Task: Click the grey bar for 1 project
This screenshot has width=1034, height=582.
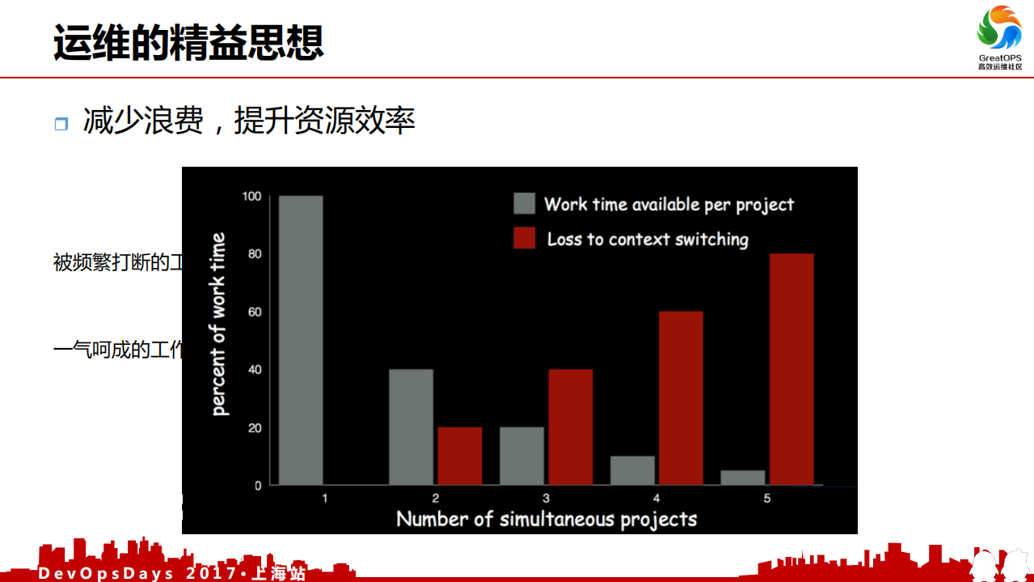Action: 301,340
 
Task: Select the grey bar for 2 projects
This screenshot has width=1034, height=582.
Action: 411,427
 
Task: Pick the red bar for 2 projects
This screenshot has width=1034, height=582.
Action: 460,456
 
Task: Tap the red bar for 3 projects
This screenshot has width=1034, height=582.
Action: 570,427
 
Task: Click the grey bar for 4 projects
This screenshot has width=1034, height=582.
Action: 632,470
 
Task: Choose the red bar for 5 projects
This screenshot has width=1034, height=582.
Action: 791,369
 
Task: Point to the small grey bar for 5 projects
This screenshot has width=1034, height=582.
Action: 742,478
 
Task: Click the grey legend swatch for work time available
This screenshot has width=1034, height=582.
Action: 525,203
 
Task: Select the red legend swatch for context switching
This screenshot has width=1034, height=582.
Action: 525,238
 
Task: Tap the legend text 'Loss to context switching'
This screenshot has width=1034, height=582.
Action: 648,239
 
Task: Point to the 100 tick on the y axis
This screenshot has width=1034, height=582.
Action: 252,196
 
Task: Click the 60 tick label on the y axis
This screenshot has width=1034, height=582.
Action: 255,312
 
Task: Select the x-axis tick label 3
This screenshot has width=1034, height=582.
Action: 547,499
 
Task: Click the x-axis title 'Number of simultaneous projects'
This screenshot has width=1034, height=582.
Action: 547,519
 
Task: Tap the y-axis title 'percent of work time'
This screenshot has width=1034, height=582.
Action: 218,324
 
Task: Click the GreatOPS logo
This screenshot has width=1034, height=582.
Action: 999,36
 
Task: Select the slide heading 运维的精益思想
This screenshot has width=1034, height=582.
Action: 188,42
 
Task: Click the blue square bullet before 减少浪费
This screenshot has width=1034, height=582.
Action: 61,124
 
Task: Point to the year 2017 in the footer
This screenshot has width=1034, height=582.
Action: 212,573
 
